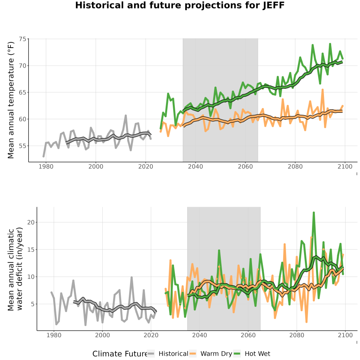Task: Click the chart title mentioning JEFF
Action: tap(180, 5)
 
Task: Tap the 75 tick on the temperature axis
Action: tap(22, 39)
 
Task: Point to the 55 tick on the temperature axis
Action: tap(22, 146)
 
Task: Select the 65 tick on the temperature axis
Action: tap(22, 92)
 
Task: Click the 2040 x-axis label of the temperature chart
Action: tap(195, 166)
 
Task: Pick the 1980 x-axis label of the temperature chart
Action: tap(46, 166)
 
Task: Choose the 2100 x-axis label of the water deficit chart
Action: tap(345, 335)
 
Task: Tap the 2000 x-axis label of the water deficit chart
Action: tap(102, 335)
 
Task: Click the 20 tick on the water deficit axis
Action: tap(31, 222)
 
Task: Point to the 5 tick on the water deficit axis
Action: tap(33, 304)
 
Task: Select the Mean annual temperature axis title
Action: tap(11, 100)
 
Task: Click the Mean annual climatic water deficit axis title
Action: tap(15, 269)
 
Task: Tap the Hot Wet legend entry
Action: tap(252, 354)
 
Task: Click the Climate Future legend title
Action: tap(120, 354)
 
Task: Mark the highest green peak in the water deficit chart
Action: tap(314, 213)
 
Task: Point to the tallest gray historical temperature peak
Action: tap(126, 116)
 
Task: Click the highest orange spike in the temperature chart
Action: tap(322, 90)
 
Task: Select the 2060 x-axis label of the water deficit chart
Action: tap(248, 335)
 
